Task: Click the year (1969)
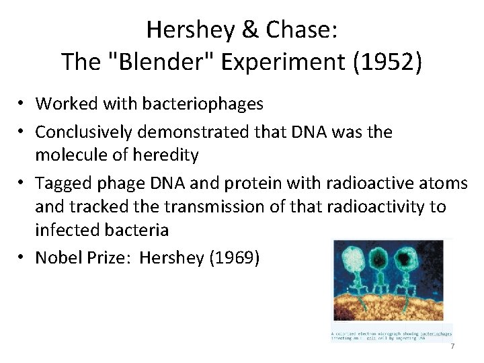tap(234, 257)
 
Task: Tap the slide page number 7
tap(452, 346)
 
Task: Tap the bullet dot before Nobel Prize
tap(23, 257)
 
